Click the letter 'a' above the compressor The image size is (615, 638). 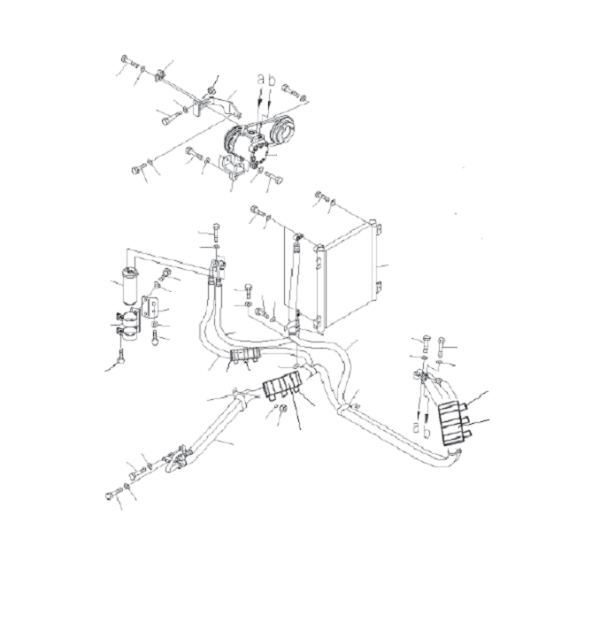[259, 80]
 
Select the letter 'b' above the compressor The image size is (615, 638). [270, 80]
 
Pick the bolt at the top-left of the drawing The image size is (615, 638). [127, 61]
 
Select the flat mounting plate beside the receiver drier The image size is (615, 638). [150, 308]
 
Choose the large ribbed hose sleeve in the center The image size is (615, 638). [284, 388]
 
